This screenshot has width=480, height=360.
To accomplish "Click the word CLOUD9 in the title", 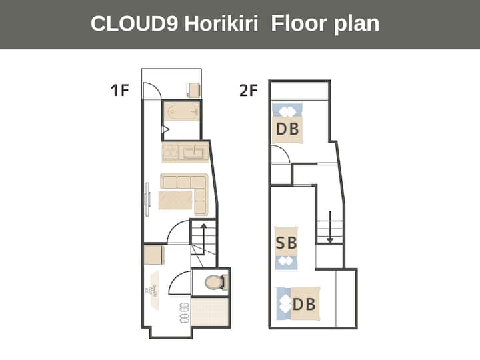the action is click(134, 23).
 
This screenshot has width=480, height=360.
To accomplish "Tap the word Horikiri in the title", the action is click(221, 23).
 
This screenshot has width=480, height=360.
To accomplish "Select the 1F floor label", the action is click(120, 90).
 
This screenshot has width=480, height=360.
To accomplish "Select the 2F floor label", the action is click(248, 90).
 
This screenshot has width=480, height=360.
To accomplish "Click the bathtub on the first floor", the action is click(181, 111).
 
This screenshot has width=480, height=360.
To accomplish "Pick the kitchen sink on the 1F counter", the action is click(193, 152).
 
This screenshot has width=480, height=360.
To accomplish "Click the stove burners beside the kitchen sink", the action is click(171, 152).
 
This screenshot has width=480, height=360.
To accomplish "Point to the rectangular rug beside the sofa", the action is click(175, 201).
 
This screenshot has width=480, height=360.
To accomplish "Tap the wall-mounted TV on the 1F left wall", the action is click(147, 199).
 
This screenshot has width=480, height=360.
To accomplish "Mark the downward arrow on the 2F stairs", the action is click(330, 227).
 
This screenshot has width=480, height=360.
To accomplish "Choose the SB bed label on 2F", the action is click(286, 243).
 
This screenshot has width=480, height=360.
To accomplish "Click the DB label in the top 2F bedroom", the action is click(287, 129).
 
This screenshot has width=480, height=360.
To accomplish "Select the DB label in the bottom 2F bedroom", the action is click(304, 304).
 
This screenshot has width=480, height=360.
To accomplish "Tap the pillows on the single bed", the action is click(286, 263).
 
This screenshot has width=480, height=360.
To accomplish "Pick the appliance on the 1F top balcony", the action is click(193, 90).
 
